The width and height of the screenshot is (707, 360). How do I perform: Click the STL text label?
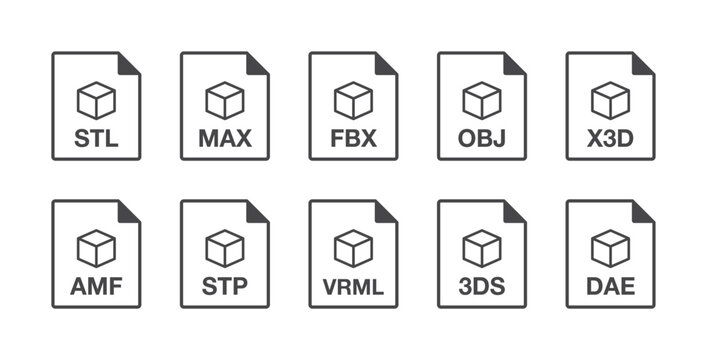tap(96, 138)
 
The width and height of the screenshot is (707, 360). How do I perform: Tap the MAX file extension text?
tap(224, 138)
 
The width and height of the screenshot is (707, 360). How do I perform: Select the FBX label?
tap(353, 138)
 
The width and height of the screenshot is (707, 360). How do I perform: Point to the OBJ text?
tap(482, 138)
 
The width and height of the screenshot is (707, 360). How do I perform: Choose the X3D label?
tap(610, 138)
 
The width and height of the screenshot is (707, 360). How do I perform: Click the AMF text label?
tap(96, 287)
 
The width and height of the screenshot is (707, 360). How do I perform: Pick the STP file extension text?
tap(224, 287)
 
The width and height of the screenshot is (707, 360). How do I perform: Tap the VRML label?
tap(353, 287)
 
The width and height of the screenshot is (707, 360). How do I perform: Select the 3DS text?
tap(482, 287)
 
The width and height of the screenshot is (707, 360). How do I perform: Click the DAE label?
tap(610, 287)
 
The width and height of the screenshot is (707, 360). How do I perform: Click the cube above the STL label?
tap(96, 100)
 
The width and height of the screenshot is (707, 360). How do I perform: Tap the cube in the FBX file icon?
tap(353, 100)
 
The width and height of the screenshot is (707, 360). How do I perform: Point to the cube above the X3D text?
tap(610, 100)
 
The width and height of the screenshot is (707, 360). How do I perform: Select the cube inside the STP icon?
tap(224, 248)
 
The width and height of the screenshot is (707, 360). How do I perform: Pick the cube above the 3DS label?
tap(482, 248)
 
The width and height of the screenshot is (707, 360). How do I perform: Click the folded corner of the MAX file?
tap(258, 63)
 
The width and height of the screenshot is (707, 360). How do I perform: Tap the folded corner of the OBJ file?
tap(515, 63)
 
